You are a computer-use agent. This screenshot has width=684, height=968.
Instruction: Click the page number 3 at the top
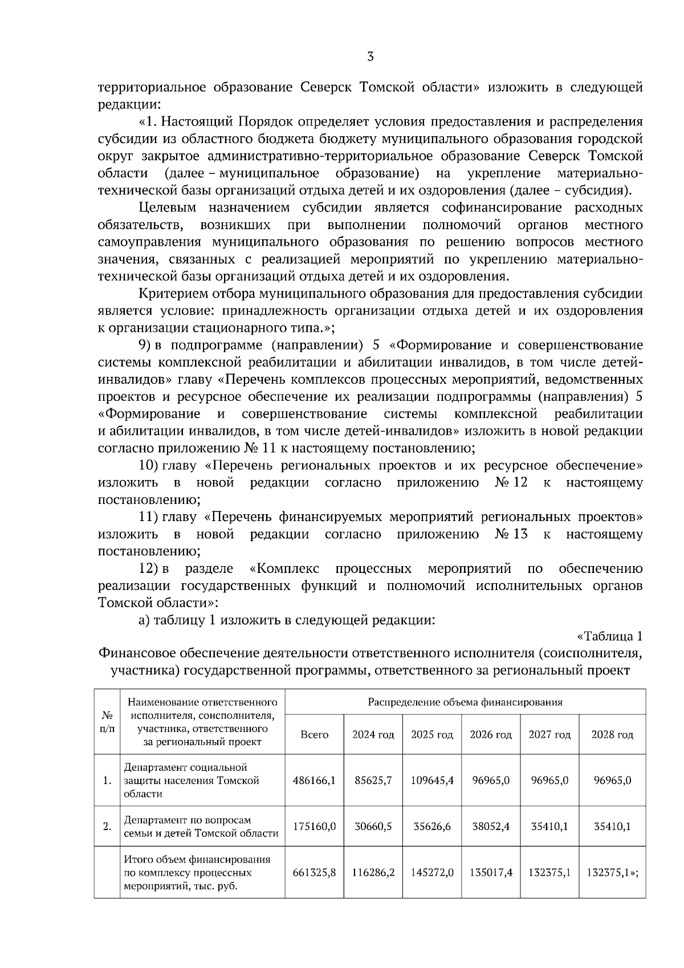(370, 56)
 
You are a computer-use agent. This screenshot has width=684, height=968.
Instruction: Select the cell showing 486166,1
(314, 780)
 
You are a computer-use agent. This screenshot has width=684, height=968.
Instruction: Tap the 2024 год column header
(373, 735)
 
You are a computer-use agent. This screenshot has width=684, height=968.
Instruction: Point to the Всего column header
(314, 735)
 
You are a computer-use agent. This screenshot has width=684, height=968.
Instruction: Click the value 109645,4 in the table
(432, 780)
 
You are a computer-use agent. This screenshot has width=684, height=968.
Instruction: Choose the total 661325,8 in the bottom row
(314, 873)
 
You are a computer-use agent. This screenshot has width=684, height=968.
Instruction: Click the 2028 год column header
(612, 735)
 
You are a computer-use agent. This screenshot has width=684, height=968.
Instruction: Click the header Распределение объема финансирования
(465, 702)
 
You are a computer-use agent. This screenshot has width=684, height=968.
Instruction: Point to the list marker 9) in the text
(144, 345)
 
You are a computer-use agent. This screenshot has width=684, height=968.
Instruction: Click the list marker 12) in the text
(147, 569)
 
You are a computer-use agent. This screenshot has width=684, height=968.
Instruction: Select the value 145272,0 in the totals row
(432, 873)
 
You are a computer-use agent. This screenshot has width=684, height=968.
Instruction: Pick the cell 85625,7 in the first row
(373, 780)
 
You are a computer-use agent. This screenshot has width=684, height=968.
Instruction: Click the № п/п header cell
(107, 722)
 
